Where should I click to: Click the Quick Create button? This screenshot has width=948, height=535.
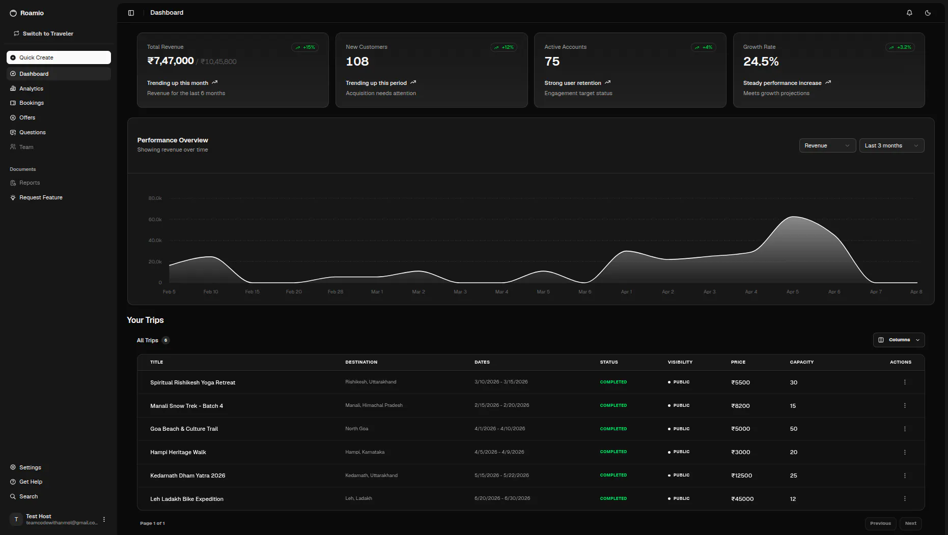(x=59, y=57)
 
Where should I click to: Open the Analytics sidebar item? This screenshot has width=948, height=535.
(x=31, y=88)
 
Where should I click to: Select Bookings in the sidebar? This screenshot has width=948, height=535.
(x=32, y=103)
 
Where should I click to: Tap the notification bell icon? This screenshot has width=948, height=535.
(x=909, y=13)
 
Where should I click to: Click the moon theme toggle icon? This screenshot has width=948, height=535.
(x=928, y=13)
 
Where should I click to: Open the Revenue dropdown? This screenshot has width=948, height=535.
(x=827, y=145)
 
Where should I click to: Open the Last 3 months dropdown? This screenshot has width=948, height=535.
(x=891, y=145)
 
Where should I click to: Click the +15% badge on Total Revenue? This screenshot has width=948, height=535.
(x=305, y=47)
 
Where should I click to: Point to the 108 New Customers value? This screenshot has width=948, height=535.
(x=357, y=62)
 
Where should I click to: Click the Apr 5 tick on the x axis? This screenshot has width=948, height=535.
(x=792, y=292)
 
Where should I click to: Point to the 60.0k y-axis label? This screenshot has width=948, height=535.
(x=155, y=219)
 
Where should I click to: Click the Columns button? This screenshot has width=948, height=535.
(x=899, y=340)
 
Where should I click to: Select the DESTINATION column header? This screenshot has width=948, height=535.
(x=361, y=362)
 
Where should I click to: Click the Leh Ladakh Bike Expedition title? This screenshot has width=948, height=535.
(x=187, y=499)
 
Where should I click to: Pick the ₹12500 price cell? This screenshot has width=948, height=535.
(x=741, y=475)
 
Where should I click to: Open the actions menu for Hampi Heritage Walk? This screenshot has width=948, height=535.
(x=905, y=452)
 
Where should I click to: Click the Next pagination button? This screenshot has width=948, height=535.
(x=910, y=523)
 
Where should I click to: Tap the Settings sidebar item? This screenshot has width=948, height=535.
(x=30, y=467)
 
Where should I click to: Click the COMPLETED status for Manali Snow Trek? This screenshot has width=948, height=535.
(x=614, y=405)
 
